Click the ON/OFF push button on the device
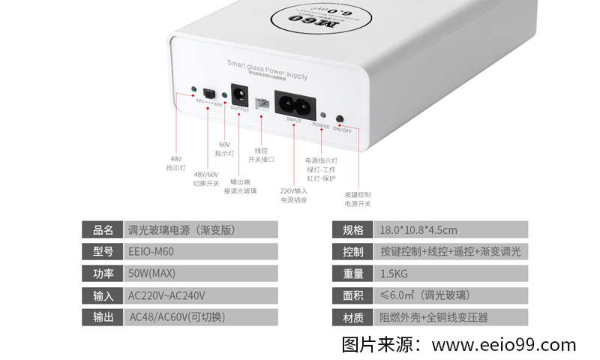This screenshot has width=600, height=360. pos(340,118)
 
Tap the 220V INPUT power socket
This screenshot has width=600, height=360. pos(293,103)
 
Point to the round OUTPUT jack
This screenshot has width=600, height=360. pos(240,96)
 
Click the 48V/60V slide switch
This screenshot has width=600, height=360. pos(208,94)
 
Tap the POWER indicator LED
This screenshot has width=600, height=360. pos(322,116)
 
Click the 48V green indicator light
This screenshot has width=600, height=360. pos(194,90)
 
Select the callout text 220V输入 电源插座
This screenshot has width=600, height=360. pos(293,196)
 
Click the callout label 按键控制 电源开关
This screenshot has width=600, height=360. pos(358,199)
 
